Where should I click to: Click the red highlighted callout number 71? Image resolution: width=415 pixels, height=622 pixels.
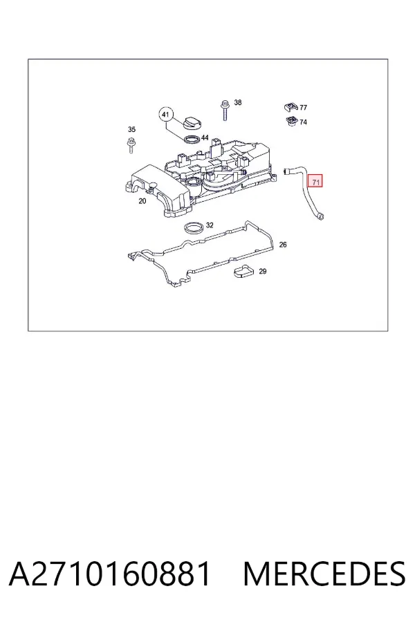click(316, 182)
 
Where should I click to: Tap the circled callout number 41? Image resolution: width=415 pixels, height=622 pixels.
click(166, 115)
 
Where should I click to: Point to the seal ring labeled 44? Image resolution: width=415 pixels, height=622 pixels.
click(192, 139)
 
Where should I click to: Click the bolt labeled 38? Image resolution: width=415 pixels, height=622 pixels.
click(225, 110)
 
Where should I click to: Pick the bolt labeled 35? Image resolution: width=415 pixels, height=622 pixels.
click(131, 145)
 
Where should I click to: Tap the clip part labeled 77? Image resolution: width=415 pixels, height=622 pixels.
click(290, 106)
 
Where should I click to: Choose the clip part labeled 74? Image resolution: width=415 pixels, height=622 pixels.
click(292, 121)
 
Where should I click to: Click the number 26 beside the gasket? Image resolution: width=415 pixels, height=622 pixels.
click(283, 245)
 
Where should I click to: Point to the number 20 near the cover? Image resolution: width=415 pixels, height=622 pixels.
click(142, 201)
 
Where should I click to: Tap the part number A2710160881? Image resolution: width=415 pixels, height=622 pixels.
click(109, 574)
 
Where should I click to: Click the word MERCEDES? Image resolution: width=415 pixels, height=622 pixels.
click(324, 574)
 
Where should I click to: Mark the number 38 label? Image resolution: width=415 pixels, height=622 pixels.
click(237, 102)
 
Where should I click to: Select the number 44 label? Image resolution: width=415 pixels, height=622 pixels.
click(205, 138)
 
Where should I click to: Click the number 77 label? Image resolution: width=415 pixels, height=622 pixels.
click(303, 108)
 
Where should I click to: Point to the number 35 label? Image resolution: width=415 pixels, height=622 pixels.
click(131, 129)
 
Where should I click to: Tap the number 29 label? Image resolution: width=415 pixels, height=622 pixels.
click(263, 272)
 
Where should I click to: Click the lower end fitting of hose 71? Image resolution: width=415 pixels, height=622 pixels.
click(320, 216)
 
